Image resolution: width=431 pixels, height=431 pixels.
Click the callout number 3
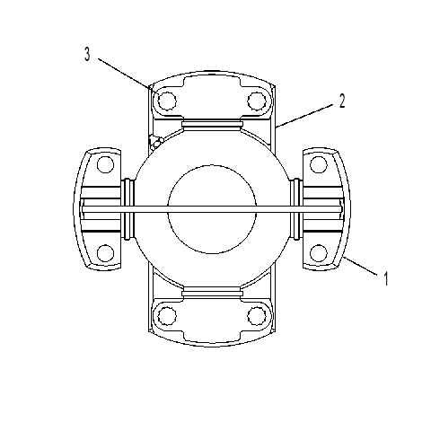(87, 55)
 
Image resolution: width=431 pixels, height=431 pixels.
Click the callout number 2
(342, 101)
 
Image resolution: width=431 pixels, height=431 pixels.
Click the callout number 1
(386, 278)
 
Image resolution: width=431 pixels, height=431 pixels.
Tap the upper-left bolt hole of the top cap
(167, 101)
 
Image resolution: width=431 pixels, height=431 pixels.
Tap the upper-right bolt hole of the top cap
(257, 101)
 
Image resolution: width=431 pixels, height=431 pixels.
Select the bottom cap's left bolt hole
(167, 316)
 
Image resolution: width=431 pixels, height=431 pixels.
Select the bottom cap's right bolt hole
(257, 316)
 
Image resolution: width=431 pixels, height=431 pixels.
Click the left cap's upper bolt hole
(106, 164)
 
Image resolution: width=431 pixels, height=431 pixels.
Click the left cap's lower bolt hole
(106, 253)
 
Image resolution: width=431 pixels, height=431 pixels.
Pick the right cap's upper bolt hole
(319, 164)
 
